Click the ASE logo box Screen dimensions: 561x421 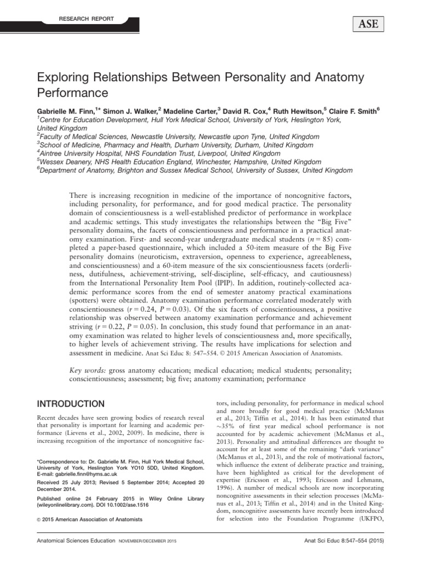pyautogui.click(x=364, y=23)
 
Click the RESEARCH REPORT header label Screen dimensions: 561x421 pyautogui.click(x=86, y=19)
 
